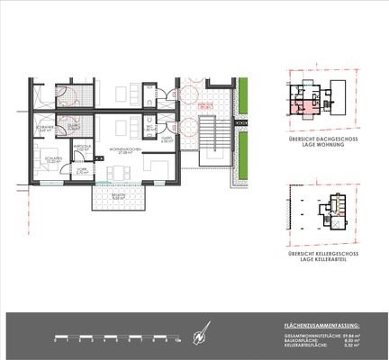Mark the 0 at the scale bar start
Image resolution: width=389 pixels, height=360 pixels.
click(x=55, y=343)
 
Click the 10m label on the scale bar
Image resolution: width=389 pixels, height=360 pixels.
click(x=178, y=343)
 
